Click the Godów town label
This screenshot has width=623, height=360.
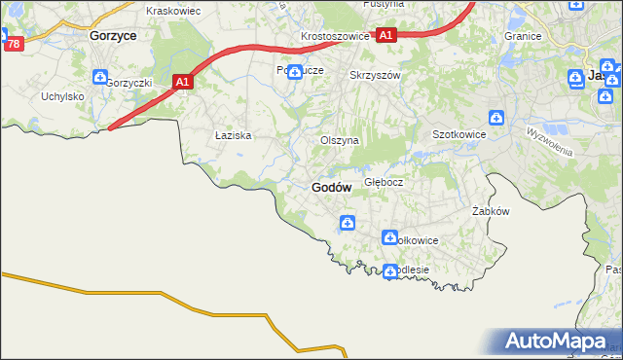[331, 187]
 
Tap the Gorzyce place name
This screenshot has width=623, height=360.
[112, 34]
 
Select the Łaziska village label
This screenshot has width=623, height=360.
[234, 136]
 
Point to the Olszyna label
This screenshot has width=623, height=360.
[340, 140]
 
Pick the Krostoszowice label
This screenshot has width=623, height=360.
[335, 36]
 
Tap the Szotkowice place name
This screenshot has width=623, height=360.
[458, 135]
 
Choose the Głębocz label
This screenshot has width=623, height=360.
[384, 182]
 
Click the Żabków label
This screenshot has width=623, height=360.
[491, 210]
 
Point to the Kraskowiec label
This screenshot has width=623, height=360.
[172, 11]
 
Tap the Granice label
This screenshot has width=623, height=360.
[523, 36]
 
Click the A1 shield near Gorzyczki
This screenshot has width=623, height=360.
[182, 84]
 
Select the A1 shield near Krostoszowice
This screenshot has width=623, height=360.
[386, 35]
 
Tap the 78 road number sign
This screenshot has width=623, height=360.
[13, 44]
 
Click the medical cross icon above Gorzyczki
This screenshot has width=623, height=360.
[100, 78]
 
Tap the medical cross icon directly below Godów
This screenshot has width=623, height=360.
[348, 225]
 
